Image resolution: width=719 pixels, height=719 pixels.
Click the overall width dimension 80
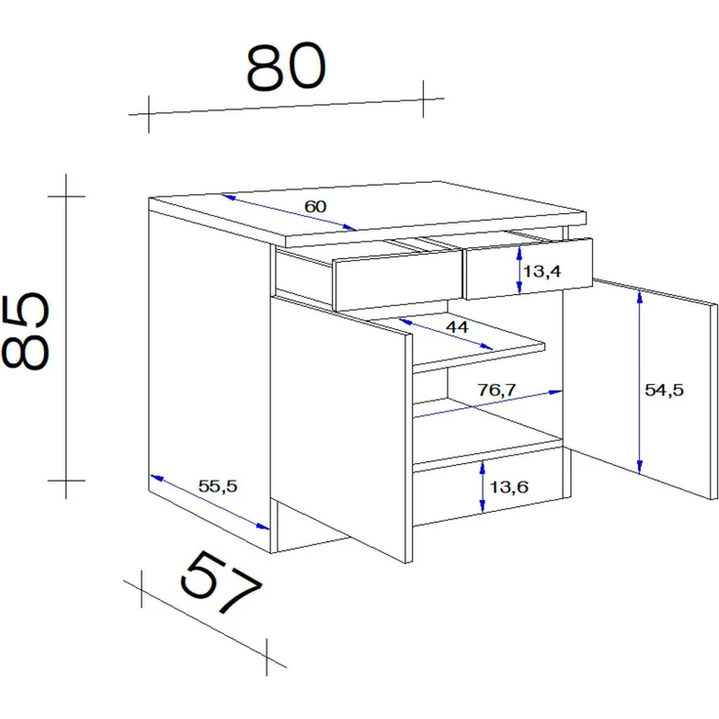coord(286,66)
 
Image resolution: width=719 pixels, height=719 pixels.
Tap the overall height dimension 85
coord(25,331)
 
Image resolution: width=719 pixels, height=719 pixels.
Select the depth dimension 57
coord(222,582)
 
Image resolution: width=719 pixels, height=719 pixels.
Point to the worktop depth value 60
coord(316,206)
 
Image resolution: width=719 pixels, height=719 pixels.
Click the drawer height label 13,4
coord(541,271)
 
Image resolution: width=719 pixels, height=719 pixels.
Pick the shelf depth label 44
coord(457,327)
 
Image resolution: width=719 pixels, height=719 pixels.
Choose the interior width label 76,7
coord(496,390)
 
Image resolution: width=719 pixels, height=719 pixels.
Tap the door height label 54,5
coord(664,390)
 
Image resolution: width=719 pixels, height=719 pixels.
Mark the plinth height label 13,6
coord(509,486)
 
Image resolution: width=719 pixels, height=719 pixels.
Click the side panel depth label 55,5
coord(218,486)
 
